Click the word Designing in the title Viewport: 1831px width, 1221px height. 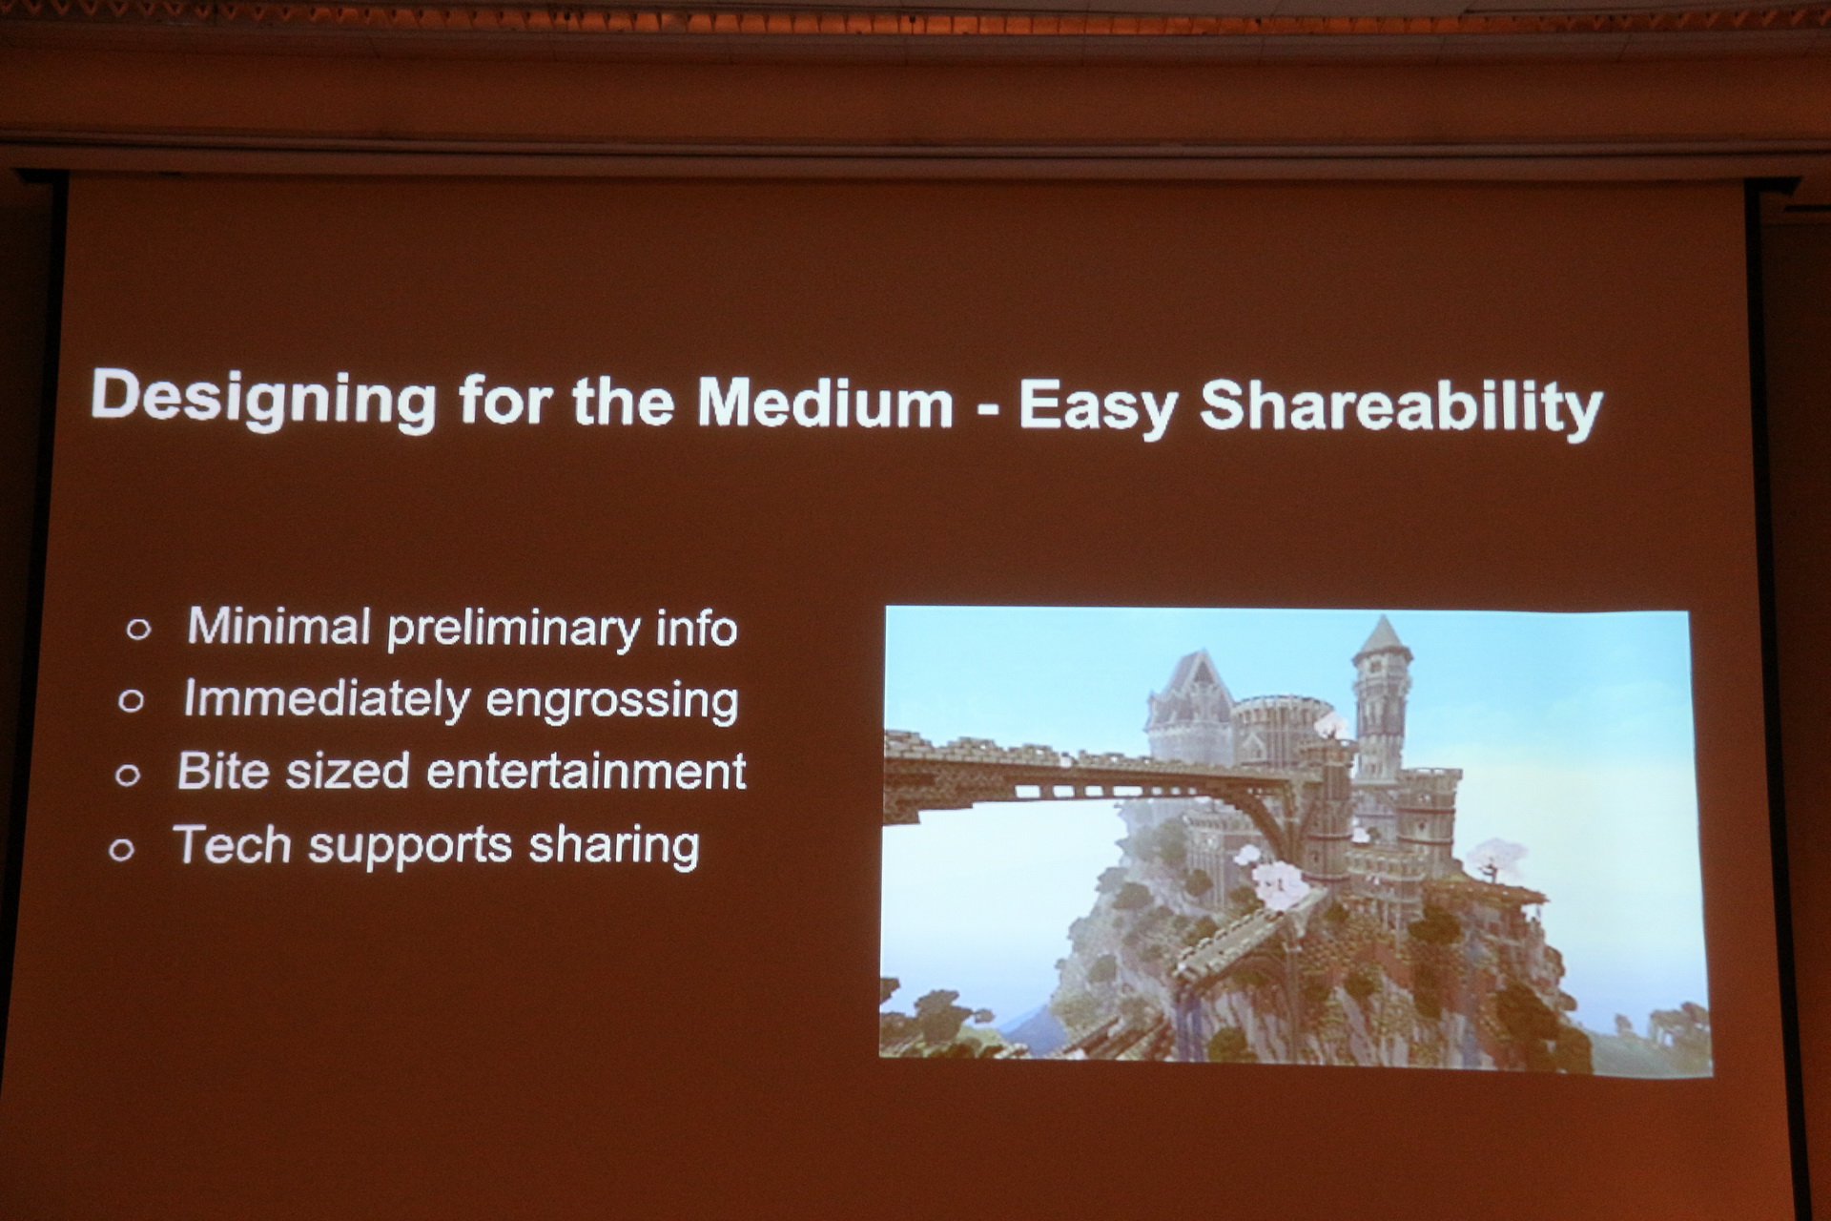click(x=264, y=400)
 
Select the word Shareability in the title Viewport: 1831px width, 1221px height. click(x=1401, y=407)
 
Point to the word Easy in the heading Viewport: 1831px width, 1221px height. click(x=1099, y=407)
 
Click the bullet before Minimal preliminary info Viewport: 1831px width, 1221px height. click(x=139, y=629)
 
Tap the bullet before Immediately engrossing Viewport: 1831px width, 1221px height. click(x=132, y=701)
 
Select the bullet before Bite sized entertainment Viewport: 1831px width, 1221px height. click(x=128, y=775)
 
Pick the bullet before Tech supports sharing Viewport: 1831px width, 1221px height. click(x=122, y=849)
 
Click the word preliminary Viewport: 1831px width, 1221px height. click(x=513, y=630)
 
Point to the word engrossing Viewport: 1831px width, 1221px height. click(x=612, y=703)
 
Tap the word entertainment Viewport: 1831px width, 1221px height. click(x=586, y=772)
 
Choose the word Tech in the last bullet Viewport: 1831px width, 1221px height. click(x=232, y=844)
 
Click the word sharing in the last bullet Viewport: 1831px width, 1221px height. click(x=614, y=847)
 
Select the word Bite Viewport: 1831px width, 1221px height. click(x=223, y=771)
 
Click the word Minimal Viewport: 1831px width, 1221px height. click(x=278, y=626)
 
